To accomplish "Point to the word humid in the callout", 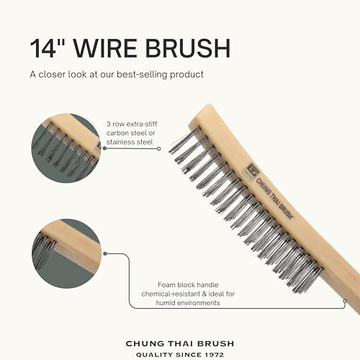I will (x=169, y=303).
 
